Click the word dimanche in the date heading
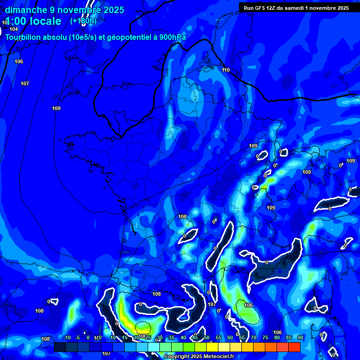[x=25, y=10]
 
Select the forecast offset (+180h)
[x=83, y=21]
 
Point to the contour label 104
[x=14, y=29]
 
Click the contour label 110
[x=226, y=70]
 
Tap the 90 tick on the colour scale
[x=300, y=337]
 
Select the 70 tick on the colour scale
[x=254, y=337]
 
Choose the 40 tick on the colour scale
[x=183, y=337]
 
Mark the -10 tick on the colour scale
[x=66, y=337]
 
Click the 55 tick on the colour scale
[x=218, y=337]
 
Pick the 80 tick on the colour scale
[x=277, y=337]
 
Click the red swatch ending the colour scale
[x=294, y=347]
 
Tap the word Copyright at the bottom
[x=177, y=357]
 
